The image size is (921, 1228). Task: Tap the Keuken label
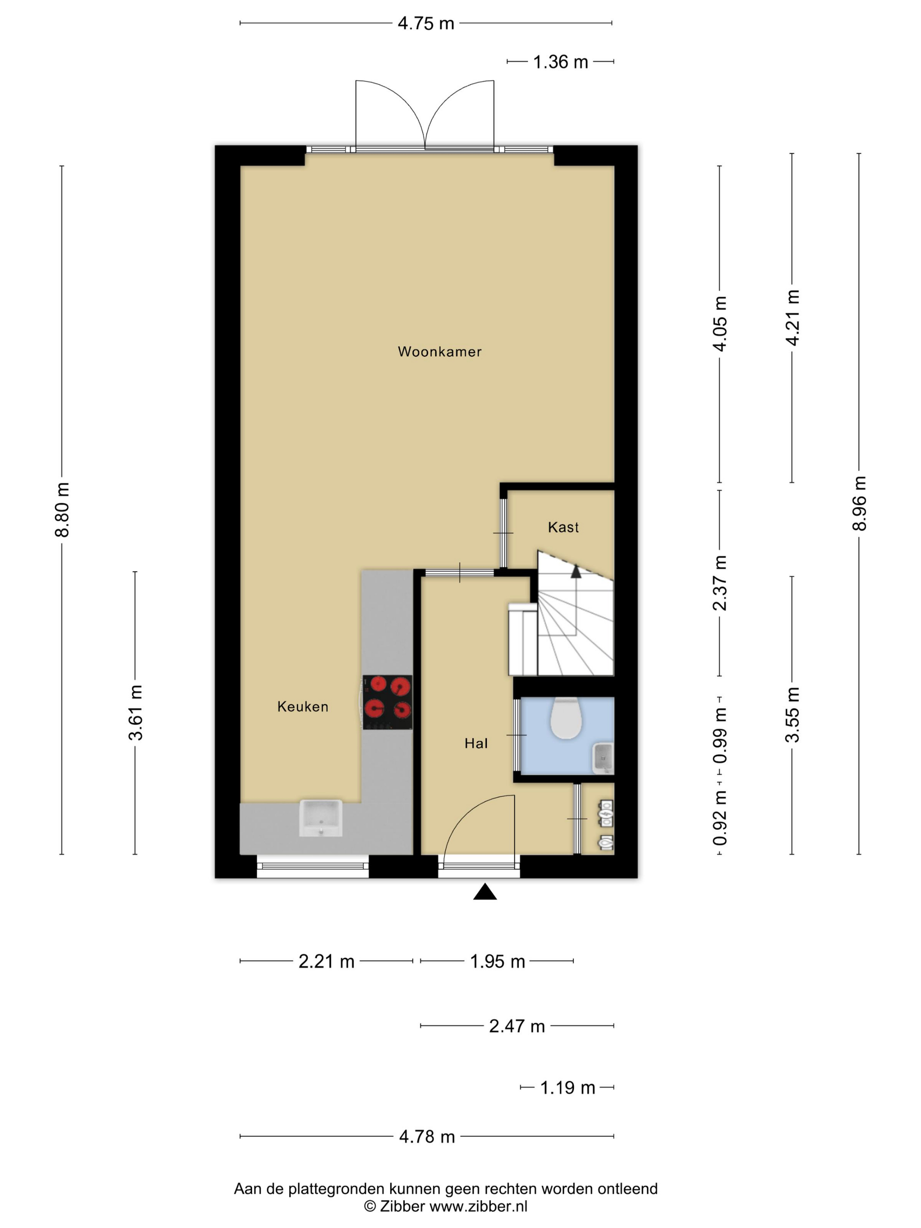[303, 707]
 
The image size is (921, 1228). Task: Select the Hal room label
[476, 743]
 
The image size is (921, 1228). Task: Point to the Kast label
[563, 527]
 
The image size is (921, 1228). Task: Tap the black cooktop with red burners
[388, 702]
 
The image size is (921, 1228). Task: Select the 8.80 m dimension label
[62, 510]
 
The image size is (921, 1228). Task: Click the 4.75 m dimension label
[426, 23]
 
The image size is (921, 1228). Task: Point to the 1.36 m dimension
[560, 62]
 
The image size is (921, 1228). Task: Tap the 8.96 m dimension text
[859, 503]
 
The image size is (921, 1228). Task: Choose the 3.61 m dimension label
[136, 713]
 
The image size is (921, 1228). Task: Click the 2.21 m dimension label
[326, 961]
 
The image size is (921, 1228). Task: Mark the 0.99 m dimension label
[720, 735]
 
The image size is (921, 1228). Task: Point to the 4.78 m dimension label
[427, 1136]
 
